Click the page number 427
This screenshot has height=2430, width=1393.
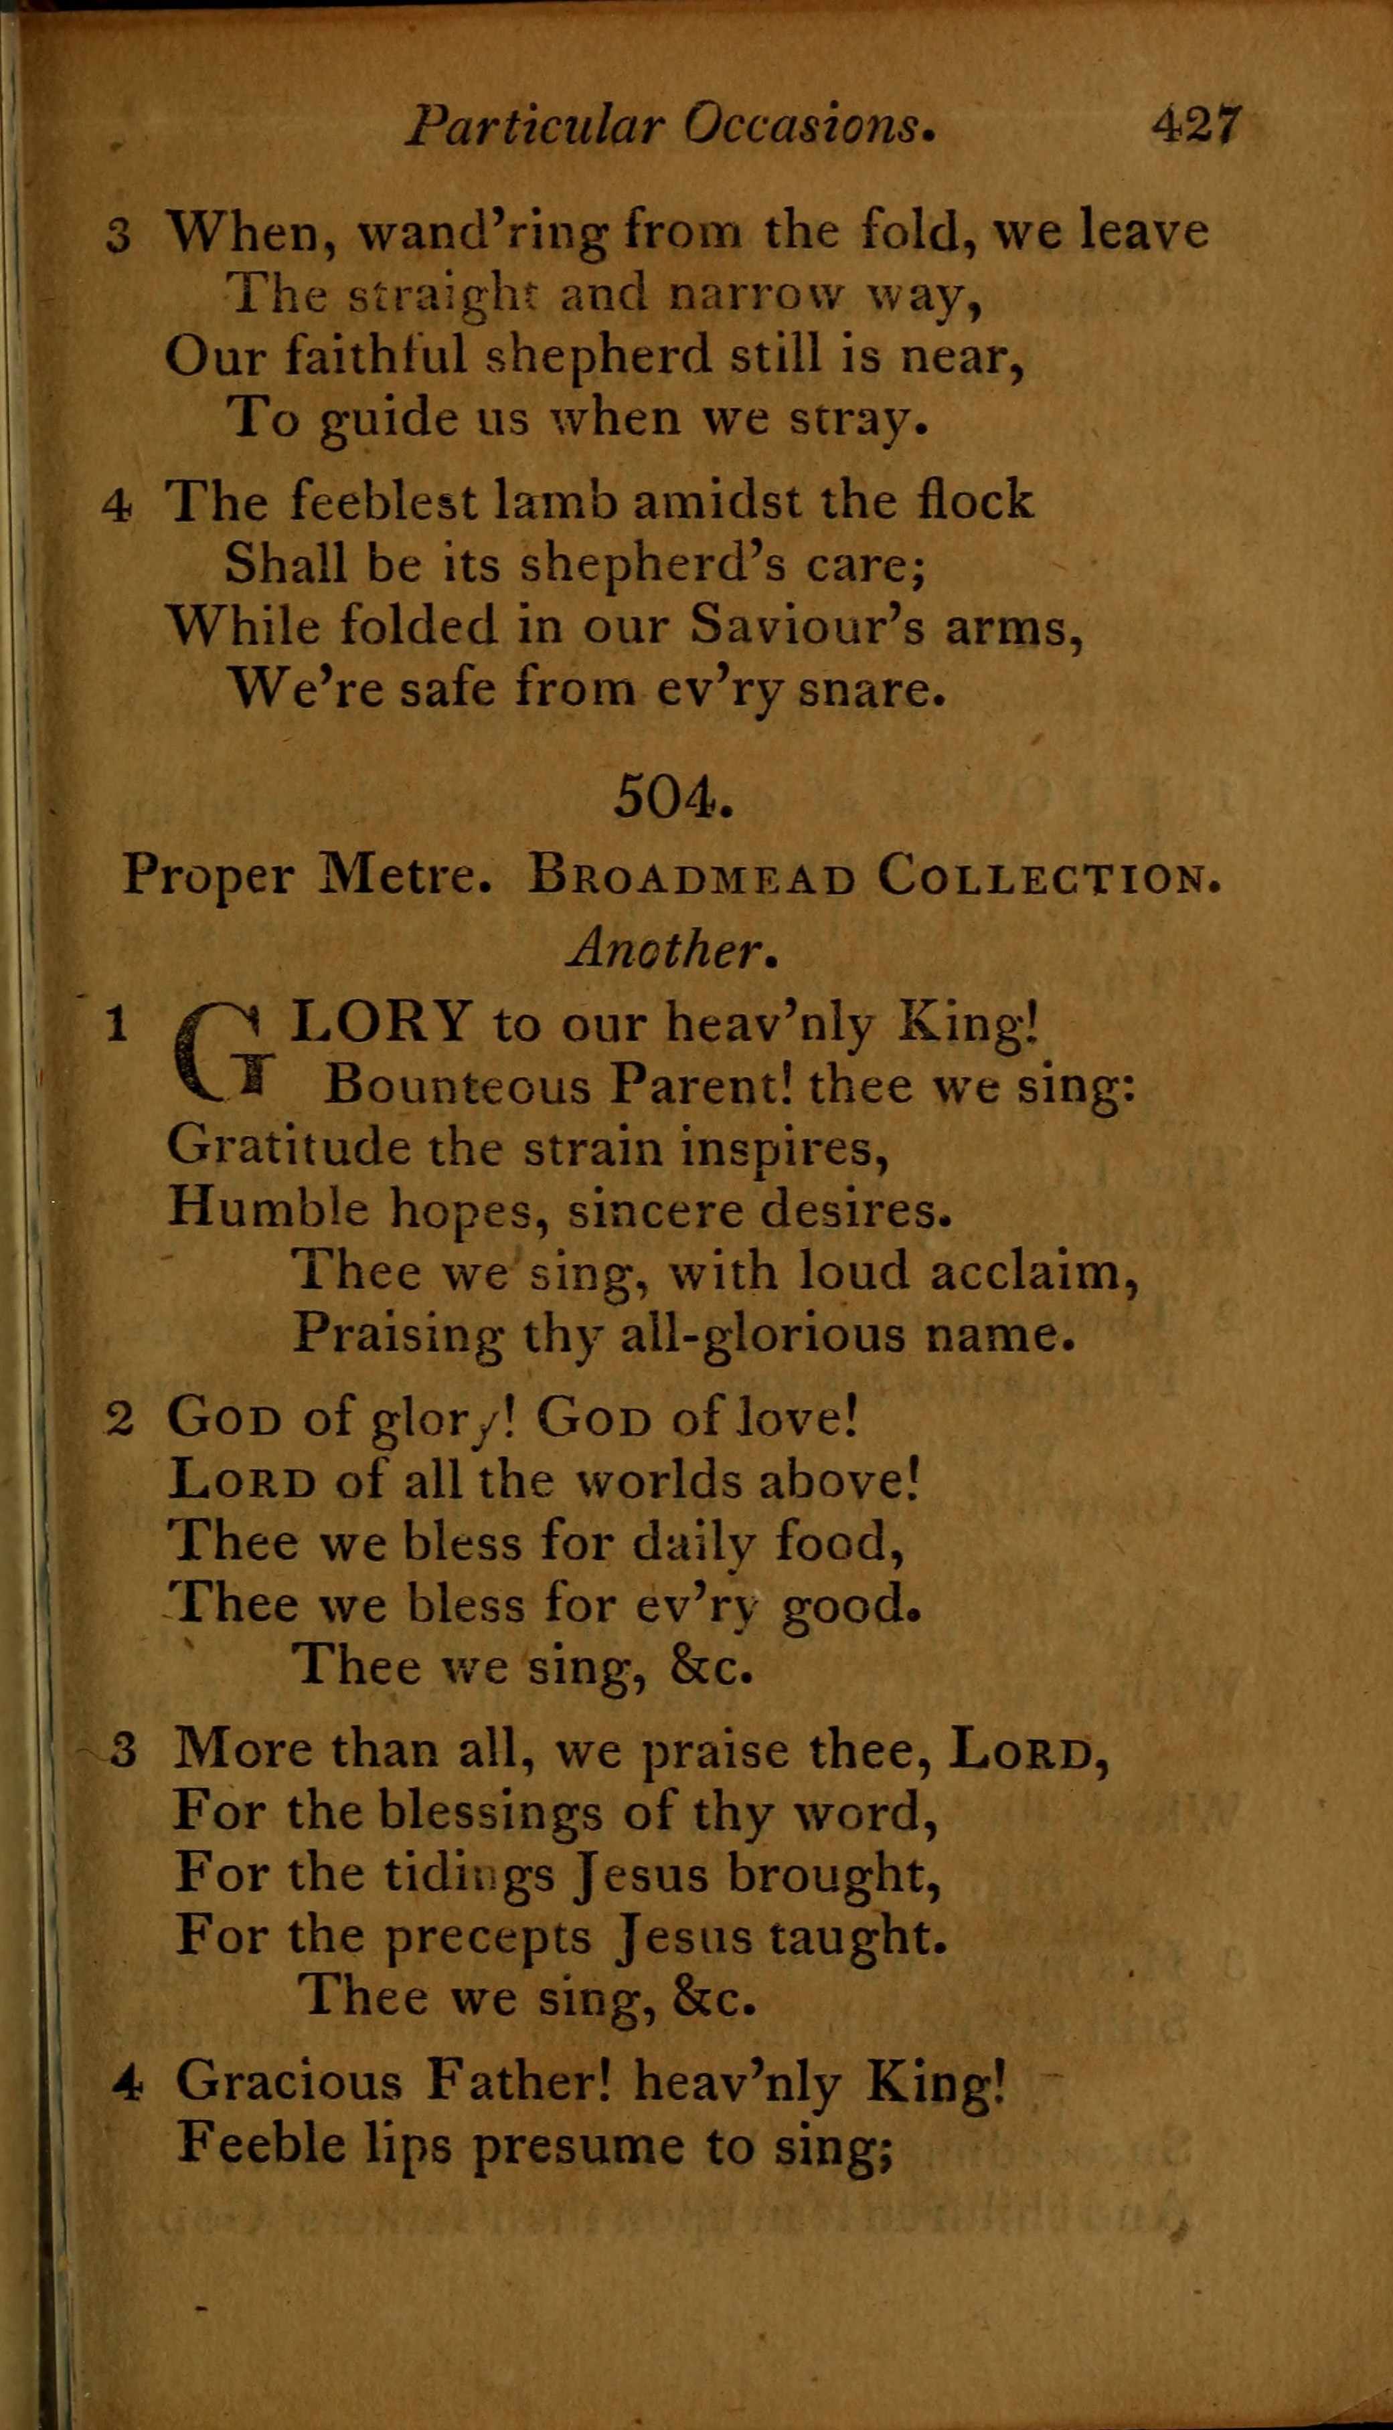(x=1196, y=124)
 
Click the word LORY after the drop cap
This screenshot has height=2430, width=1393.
(x=382, y=1023)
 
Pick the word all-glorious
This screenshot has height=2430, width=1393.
(x=762, y=1335)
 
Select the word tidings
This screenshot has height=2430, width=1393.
(x=469, y=1875)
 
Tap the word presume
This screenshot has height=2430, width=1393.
(x=578, y=2145)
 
